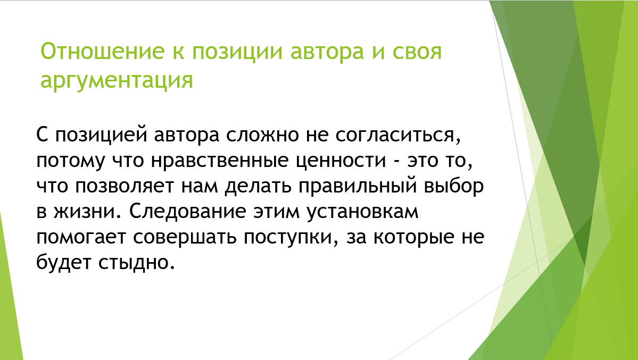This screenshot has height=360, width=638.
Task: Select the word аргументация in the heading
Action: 117,80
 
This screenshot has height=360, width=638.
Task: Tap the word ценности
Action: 345,161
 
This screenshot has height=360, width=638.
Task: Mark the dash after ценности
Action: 395,160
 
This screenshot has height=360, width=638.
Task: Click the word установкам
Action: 363,212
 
